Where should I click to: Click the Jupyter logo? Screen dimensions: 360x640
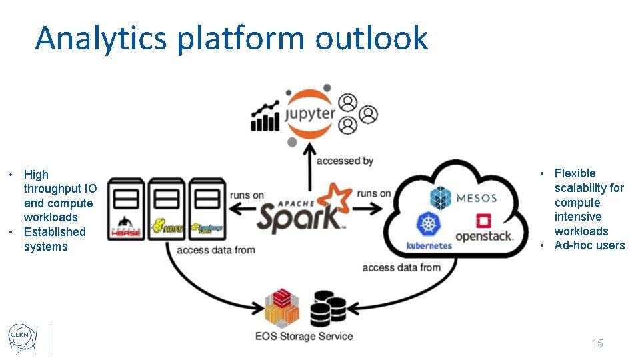click(310, 115)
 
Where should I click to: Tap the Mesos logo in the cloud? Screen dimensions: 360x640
click(463, 198)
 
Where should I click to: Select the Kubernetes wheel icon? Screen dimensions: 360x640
click(429, 225)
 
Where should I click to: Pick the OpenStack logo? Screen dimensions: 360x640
click(484, 228)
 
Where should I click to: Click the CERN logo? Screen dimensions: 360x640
click(22, 337)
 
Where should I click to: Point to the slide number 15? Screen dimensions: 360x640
click(597, 343)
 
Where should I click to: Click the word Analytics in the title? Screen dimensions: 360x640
click(101, 38)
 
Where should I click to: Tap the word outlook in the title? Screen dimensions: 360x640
click(371, 38)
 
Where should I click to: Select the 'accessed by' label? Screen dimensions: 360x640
click(345, 161)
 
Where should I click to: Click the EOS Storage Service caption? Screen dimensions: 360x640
click(304, 336)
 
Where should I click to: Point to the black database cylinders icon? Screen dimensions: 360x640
click(328, 308)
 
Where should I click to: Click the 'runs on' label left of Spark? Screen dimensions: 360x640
click(247, 195)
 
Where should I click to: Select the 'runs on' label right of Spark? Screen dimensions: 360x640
click(374, 194)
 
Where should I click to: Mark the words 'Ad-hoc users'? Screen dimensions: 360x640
click(589, 245)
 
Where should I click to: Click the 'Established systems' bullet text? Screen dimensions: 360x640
click(54, 239)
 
